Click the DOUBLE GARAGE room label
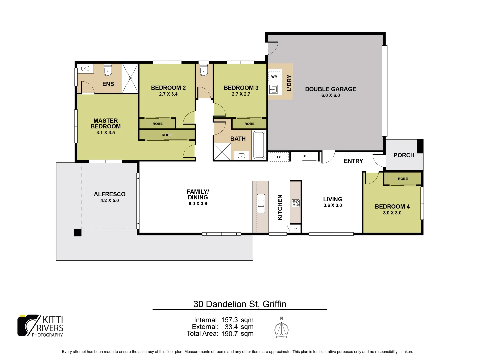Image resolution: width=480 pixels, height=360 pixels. click(330, 89)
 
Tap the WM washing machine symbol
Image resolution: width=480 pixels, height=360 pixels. click(274, 77)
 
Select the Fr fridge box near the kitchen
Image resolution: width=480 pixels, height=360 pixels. click(279, 157)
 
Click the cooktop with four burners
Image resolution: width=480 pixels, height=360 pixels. click(296, 203)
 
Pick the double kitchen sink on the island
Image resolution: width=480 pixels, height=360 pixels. click(261, 203)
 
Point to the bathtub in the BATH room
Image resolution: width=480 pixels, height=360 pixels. click(259, 145)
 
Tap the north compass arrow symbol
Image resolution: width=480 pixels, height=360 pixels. click(281, 330)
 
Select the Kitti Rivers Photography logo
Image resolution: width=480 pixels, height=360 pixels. click(40, 326)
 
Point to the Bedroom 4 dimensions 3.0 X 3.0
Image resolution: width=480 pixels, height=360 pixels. click(392, 213)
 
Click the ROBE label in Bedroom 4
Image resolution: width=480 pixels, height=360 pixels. click(403, 179)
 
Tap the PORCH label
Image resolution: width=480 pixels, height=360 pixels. click(404, 155)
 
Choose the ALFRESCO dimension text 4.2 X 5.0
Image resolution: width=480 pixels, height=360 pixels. click(109, 200)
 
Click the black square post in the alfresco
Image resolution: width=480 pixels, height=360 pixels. click(77, 233)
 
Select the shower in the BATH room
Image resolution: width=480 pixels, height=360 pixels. click(222, 152)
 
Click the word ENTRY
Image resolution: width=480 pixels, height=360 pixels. click(353, 161)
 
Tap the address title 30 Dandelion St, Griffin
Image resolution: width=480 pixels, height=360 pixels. click(240, 304)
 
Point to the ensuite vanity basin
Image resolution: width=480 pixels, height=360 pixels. click(85, 68)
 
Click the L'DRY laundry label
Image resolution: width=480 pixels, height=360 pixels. click(289, 83)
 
